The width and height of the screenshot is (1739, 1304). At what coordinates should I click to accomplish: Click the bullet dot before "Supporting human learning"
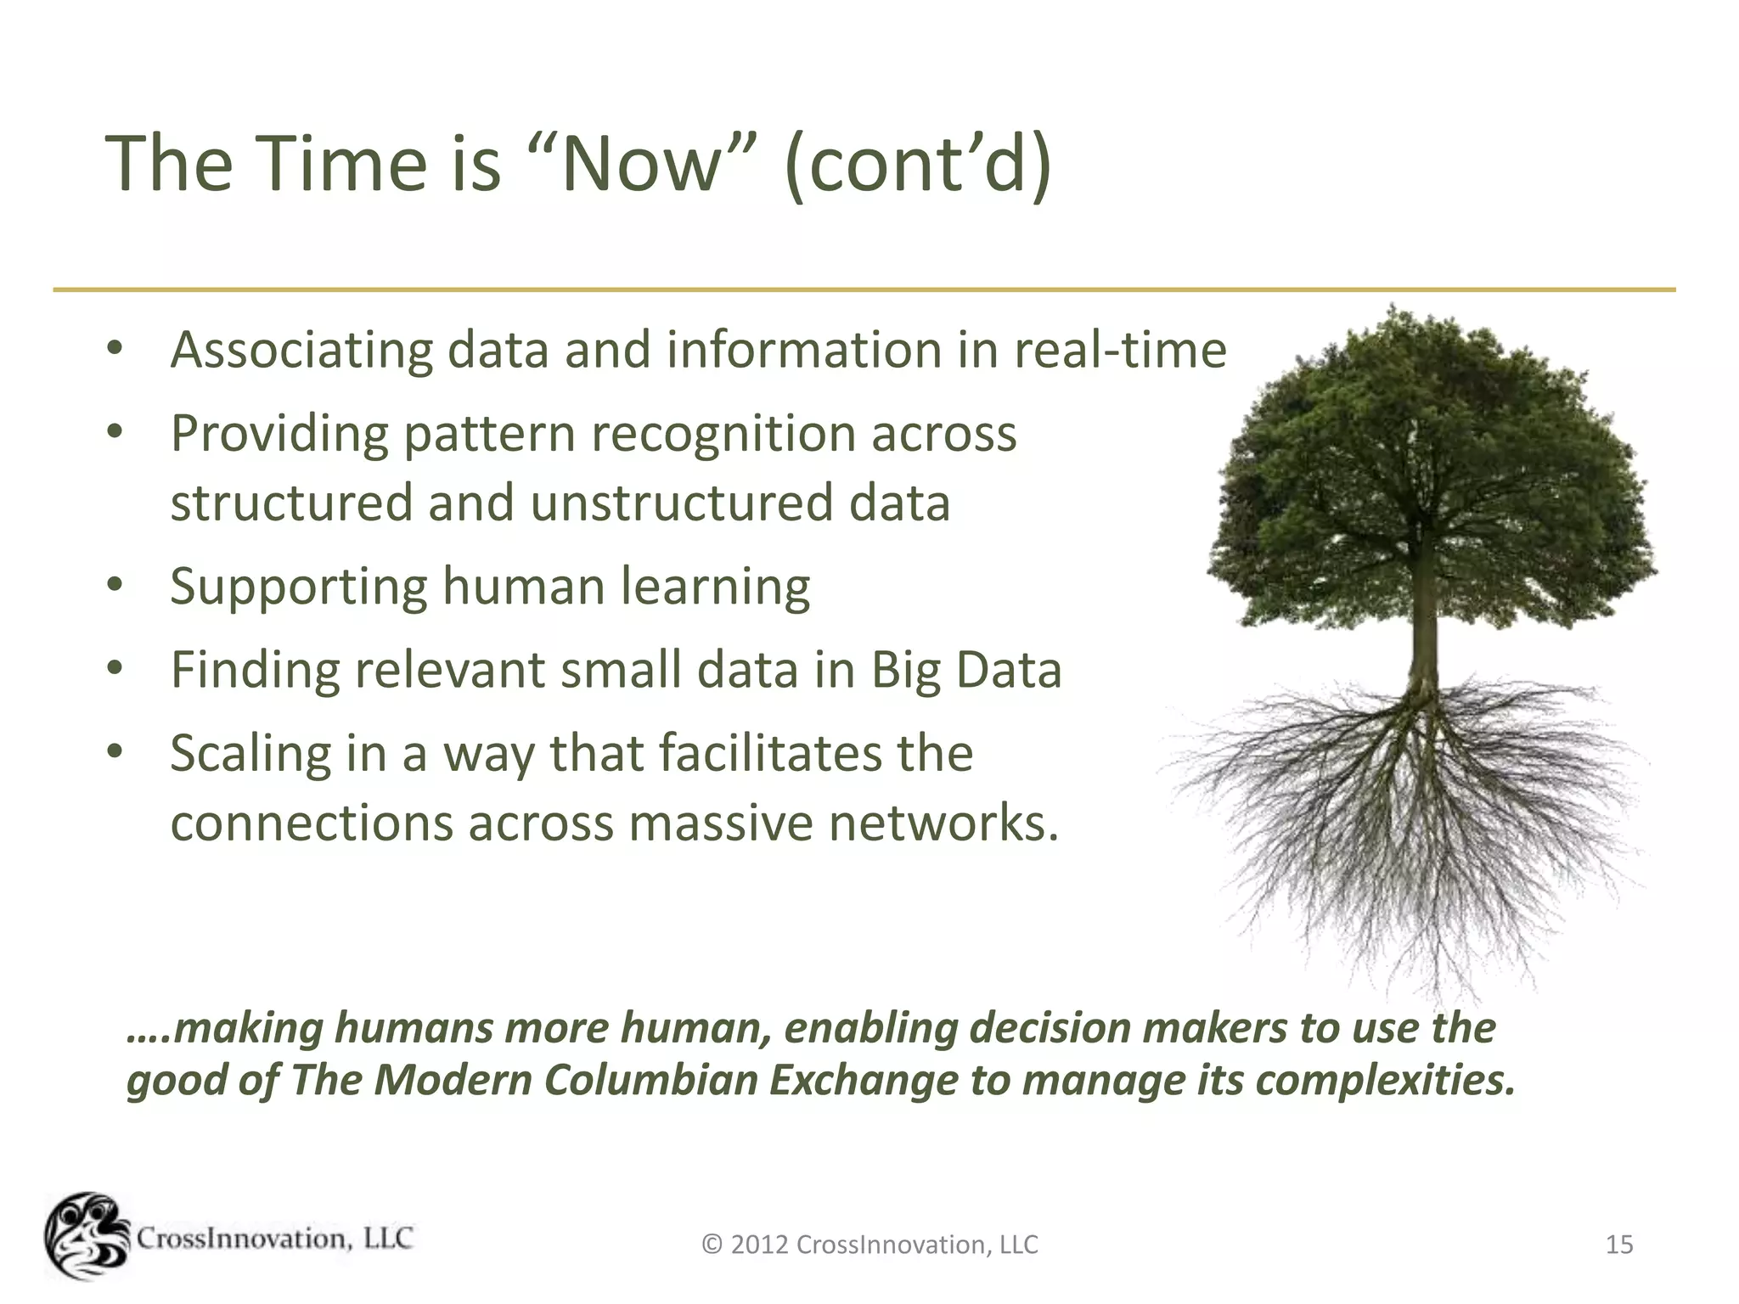tap(115, 585)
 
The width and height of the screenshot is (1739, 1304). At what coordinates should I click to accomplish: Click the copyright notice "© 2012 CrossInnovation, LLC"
tap(869, 1245)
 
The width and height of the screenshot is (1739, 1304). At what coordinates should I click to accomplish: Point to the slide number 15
tap(1619, 1245)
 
